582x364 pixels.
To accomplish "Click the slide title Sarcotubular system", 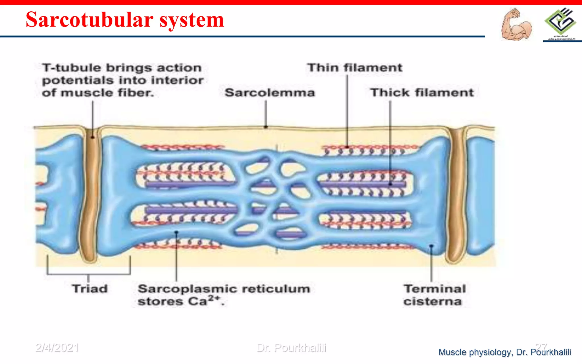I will tap(125, 20).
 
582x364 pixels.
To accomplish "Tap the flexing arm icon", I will tap(516, 25).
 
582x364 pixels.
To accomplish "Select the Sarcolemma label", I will tap(270, 93).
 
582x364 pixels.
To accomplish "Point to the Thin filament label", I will tap(355, 68).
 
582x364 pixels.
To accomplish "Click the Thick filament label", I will tap(422, 93).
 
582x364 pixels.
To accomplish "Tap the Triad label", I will tap(90, 289).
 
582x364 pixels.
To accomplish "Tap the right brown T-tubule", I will tap(456, 196).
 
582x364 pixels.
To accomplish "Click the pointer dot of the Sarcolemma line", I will tap(266, 127).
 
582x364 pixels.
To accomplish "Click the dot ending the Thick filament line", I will tap(390, 184).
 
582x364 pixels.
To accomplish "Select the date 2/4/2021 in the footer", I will tap(57, 348).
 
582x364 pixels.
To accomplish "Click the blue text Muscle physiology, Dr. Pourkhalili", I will tap(504, 352).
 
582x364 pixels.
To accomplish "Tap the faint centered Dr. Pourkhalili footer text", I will tap(291, 348).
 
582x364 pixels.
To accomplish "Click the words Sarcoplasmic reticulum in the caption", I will tap(224, 289).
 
